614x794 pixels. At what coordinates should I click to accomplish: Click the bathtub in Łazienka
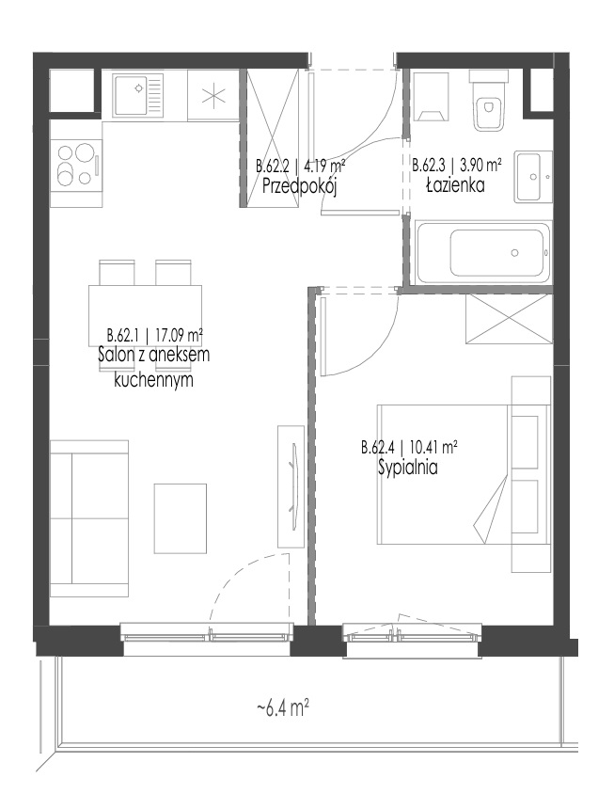[482, 253]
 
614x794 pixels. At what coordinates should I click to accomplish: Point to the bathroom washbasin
[533, 176]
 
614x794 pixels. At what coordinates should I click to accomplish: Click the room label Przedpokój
[300, 187]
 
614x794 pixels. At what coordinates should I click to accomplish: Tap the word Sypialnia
[408, 468]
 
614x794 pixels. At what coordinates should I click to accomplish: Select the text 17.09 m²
[180, 335]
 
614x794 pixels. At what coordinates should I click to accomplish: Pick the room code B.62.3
[430, 165]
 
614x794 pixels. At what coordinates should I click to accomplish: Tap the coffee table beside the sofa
[181, 518]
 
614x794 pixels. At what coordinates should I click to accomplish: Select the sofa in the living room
[89, 518]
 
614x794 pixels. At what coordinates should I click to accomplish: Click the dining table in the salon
[146, 315]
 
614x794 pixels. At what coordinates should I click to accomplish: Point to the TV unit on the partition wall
[291, 486]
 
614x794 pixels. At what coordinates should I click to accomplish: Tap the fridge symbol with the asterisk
[213, 95]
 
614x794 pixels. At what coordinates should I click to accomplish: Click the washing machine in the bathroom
[432, 97]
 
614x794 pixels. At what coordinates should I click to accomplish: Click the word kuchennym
[153, 380]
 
